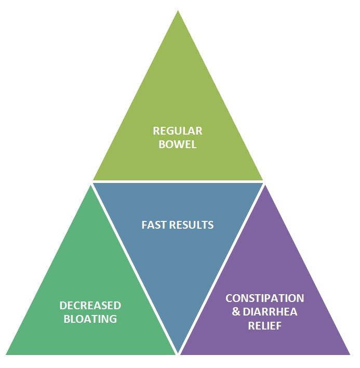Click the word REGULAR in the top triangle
(178, 130)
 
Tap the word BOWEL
(178, 144)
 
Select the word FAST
(154, 225)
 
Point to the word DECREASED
(90, 305)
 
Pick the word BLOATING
(90, 319)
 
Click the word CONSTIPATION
(264, 298)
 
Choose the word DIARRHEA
(269, 312)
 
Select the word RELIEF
(264, 325)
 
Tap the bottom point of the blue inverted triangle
(178, 352)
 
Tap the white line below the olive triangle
(178, 181)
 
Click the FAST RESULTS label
(178, 225)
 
